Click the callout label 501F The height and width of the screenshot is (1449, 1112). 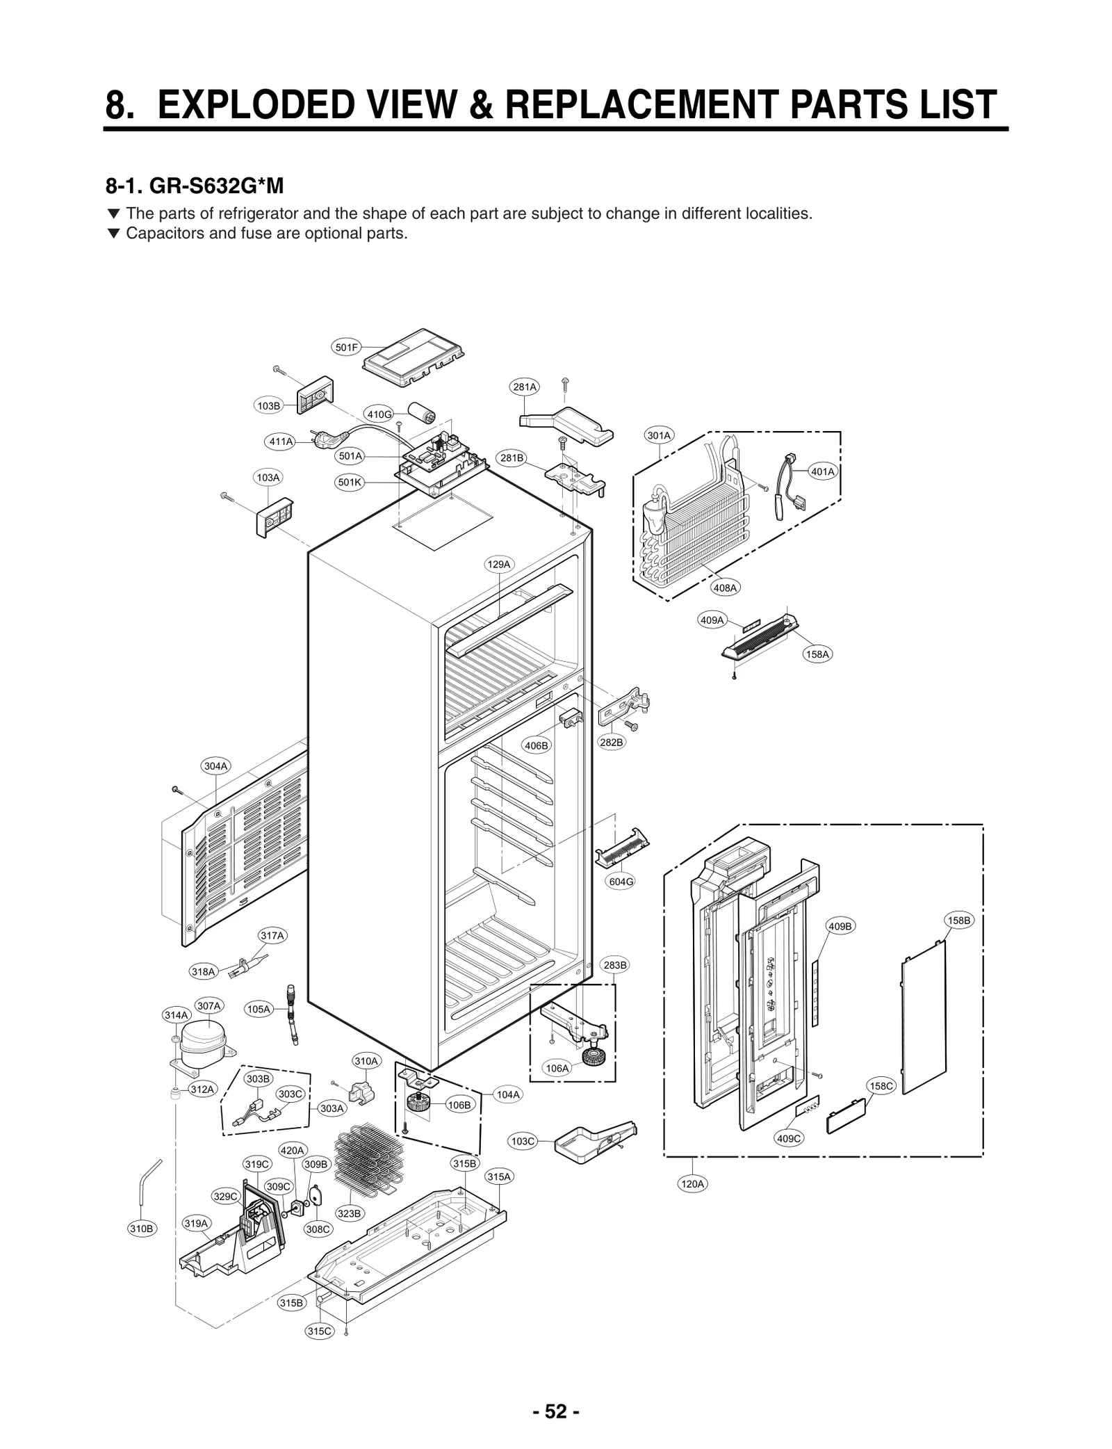pos(346,348)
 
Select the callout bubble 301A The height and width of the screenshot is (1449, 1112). pos(659,436)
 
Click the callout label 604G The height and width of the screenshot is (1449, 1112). pos(621,882)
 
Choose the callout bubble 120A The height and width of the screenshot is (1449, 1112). pos(693,1184)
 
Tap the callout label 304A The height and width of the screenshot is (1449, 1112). pos(215,766)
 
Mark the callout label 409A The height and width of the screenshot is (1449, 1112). pos(712,620)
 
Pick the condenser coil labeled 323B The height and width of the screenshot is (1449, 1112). pos(368,1159)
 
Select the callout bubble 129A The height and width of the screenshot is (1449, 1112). pos(498,564)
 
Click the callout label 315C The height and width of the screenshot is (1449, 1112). pos(320,1331)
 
